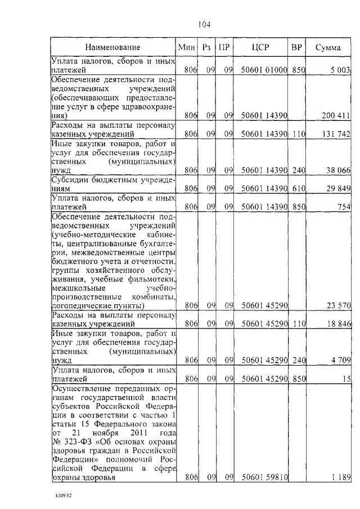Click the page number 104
(x=204, y=24)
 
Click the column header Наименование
(x=113, y=47)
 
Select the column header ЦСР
(x=261, y=47)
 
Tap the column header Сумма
(x=328, y=47)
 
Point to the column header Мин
(x=186, y=47)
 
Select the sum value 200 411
(x=336, y=115)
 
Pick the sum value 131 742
(x=336, y=134)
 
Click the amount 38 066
(x=338, y=170)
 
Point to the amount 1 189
(x=340, y=478)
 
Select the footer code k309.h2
(x=64, y=497)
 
